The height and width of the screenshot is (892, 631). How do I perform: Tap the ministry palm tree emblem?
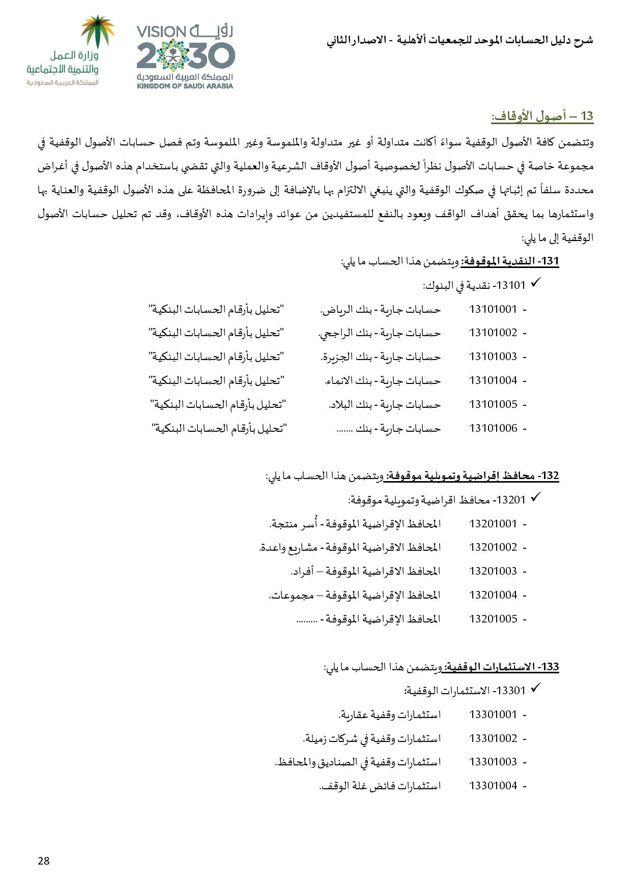click(x=99, y=32)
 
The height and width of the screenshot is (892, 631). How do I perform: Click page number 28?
click(x=44, y=860)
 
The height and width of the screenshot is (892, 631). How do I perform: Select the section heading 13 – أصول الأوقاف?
click(x=542, y=116)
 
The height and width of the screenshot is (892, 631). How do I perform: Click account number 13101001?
click(x=493, y=309)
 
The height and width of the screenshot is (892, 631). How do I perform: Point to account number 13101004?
click(x=493, y=380)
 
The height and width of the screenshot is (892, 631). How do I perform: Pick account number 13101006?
click(x=493, y=428)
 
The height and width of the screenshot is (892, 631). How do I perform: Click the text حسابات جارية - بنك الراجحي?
click(x=379, y=333)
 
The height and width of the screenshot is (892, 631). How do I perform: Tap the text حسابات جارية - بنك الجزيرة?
click(x=381, y=357)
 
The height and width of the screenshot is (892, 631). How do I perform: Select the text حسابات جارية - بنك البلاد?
click(x=384, y=405)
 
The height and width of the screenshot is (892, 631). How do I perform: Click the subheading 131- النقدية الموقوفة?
click(x=509, y=261)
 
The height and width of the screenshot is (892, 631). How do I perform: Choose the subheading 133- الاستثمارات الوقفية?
click(x=501, y=667)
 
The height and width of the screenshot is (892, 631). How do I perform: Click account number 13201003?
click(x=493, y=571)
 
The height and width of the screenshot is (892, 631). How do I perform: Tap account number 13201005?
click(x=493, y=619)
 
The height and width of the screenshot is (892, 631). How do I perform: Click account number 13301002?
click(x=493, y=738)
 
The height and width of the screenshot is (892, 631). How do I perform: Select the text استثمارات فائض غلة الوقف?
click(x=380, y=786)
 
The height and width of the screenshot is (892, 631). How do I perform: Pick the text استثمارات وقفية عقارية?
click(x=389, y=715)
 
